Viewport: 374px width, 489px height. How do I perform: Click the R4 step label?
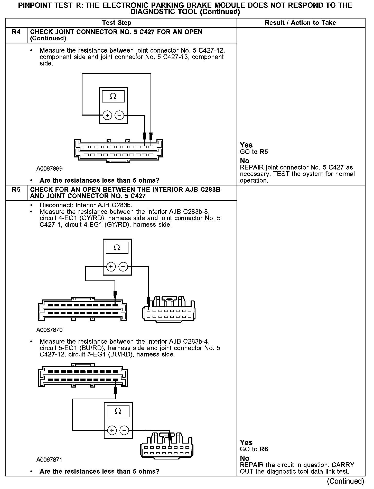tap(16, 32)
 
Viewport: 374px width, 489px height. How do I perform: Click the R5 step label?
tap(16, 190)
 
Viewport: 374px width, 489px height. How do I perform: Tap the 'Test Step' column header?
tap(117, 23)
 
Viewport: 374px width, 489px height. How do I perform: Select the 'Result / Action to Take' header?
tap(300, 23)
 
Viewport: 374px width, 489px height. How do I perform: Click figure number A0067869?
tap(49, 169)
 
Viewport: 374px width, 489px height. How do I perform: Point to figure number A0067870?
tap(49, 330)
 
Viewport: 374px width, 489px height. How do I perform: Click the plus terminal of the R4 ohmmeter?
tap(107, 116)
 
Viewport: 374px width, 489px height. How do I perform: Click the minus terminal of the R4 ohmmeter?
tap(119, 116)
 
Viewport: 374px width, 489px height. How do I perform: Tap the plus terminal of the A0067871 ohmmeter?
tap(112, 430)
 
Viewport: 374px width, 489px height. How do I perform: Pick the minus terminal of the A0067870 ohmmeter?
tap(123, 267)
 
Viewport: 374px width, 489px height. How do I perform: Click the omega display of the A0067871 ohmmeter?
tap(118, 411)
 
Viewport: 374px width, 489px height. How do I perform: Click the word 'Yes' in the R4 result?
tap(246, 145)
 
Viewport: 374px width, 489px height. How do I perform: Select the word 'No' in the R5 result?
tap(245, 458)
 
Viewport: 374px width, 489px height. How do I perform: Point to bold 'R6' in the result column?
tap(264, 449)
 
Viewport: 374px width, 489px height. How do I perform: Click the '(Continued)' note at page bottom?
tap(346, 481)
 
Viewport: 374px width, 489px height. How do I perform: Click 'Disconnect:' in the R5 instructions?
tap(52, 205)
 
